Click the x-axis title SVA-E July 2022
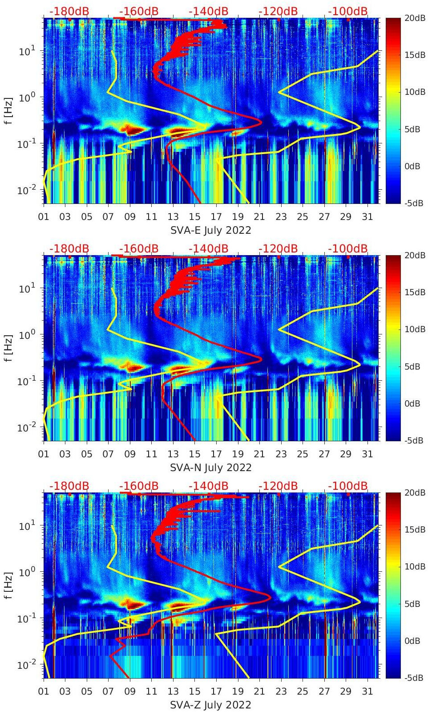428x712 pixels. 211,230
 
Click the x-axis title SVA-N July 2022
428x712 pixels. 211,468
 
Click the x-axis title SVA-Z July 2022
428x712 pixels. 211,705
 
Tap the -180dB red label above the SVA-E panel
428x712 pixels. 69,11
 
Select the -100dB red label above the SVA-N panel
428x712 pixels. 348,248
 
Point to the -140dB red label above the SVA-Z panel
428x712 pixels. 208,486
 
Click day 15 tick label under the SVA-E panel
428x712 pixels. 194,217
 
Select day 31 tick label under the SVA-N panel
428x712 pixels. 367,454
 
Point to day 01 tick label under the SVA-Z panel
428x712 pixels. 44,692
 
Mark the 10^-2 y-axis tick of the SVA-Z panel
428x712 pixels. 26,665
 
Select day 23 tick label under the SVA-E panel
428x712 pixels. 281,217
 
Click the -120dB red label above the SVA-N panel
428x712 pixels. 278,248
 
